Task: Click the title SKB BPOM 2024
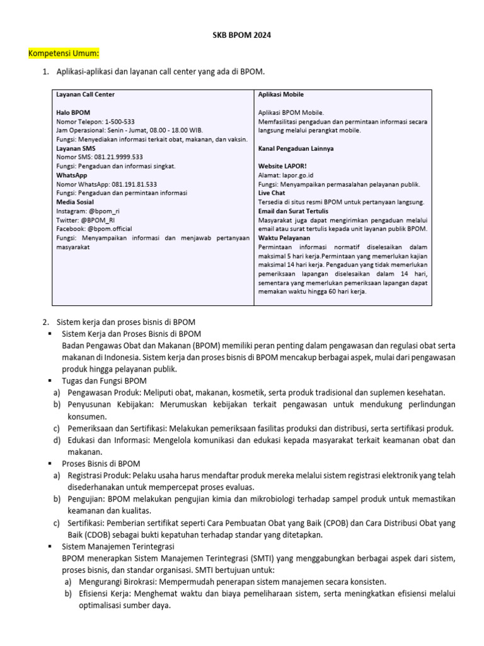pos(242,36)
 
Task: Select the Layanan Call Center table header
pos(86,95)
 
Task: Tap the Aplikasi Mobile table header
pos(281,95)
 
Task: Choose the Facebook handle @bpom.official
pos(110,229)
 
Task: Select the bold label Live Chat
pos(272,193)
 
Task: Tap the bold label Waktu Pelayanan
pos(284,238)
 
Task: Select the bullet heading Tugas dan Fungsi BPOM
pos(104,381)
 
